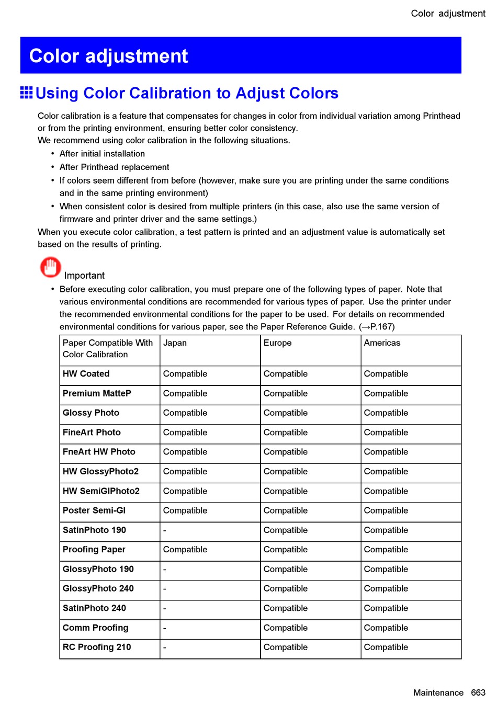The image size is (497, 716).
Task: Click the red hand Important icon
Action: pos(50,267)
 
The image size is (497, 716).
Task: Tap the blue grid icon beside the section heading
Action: pos(26,93)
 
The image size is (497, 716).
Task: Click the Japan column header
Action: pos(175,343)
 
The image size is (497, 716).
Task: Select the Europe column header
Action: pos(277,343)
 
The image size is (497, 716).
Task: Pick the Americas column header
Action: pos(382,343)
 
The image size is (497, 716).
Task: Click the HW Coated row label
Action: pos(86,374)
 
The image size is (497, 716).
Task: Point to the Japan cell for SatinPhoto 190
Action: pos(165,530)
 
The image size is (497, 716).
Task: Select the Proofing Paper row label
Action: pos(94,550)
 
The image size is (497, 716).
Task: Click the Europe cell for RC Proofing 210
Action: pos(285,647)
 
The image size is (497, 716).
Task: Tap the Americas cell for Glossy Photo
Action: pos(386,413)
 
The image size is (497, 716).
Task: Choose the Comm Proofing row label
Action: pos(95,628)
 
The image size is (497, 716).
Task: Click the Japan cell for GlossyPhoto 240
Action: pos(165,589)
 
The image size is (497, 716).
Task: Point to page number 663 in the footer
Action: pos(478,692)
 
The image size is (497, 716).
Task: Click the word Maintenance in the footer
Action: pos(438,692)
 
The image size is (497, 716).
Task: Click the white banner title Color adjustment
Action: pos(108,56)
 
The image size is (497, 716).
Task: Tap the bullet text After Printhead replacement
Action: pos(114,167)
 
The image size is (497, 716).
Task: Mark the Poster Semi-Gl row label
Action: pos(94,510)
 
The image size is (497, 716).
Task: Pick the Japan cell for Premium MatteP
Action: pos(185,394)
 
